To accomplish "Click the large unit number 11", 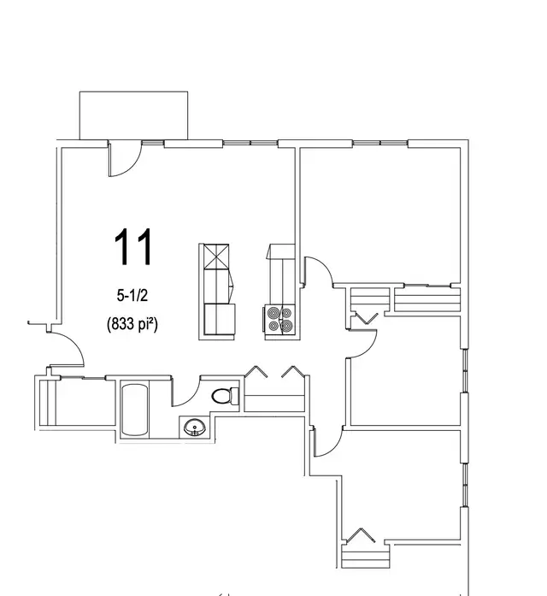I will pyautogui.click(x=135, y=247).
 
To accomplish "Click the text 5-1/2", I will pyautogui.click(x=134, y=296).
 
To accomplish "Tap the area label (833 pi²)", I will pyautogui.click(x=135, y=324).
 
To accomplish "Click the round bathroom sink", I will pyautogui.click(x=194, y=426).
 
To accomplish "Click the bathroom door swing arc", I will pyautogui.click(x=186, y=392).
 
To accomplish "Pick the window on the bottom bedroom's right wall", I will pyautogui.click(x=465, y=484).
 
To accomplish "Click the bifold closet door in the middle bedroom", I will pyautogui.click(x=364, y=317).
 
